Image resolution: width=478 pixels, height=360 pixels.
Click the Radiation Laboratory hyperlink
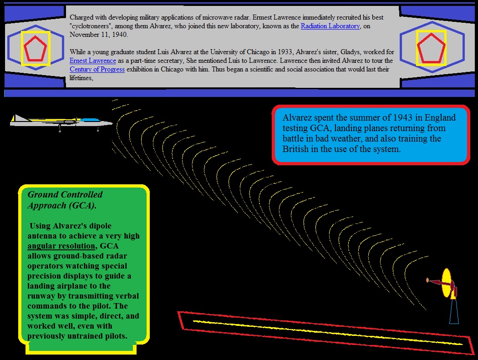[330, 26]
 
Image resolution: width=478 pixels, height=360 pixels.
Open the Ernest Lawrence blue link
[93, 61]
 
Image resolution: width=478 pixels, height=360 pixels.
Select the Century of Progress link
[97, 69]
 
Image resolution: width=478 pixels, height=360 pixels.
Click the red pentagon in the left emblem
[36, 48]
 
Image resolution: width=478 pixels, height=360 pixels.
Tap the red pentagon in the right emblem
[431, 48]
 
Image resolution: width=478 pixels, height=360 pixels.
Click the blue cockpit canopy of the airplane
[90, 120]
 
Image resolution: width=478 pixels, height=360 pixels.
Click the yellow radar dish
[446, 283]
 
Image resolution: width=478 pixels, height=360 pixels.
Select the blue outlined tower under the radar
[454, 311]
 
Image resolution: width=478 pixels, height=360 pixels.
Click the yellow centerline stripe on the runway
[328, 332]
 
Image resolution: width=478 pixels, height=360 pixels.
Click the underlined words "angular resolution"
[61, 246]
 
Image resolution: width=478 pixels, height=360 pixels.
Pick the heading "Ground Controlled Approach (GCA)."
[65, 200]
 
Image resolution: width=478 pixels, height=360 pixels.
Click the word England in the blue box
[440, 118]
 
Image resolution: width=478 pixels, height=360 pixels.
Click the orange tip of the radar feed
[427, 280]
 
